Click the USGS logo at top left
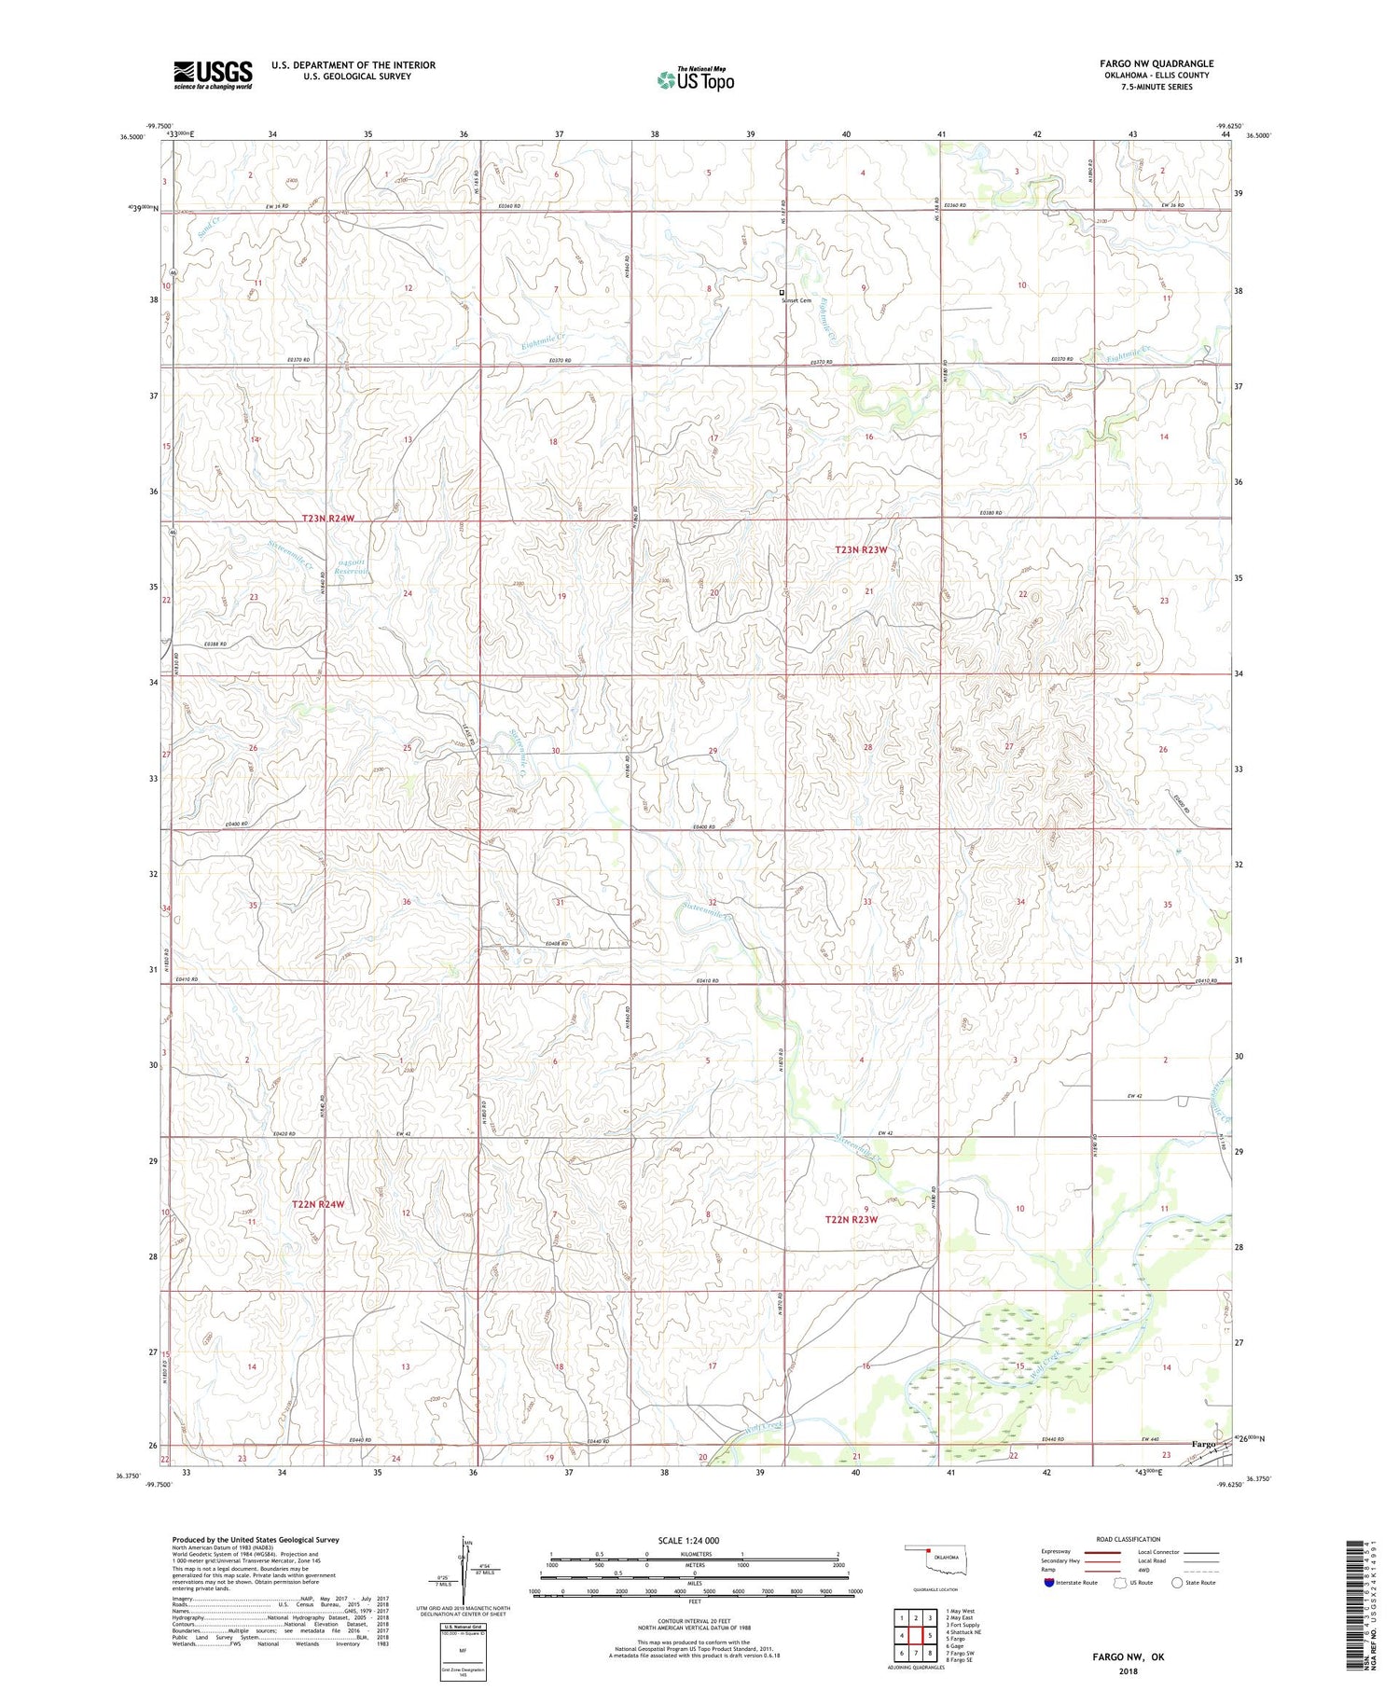[213, 75]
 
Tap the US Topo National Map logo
[696, 79]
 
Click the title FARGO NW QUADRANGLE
[1156, 63]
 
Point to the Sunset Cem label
[796, 300]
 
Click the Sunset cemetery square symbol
[783, 292]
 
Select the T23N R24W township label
[328, 518]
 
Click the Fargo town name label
[1203, 1444]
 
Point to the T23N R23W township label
[860, 550]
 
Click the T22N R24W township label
[318, 1204]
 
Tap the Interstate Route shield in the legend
[1049, 1583]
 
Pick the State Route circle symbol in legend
[1177, 1583]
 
